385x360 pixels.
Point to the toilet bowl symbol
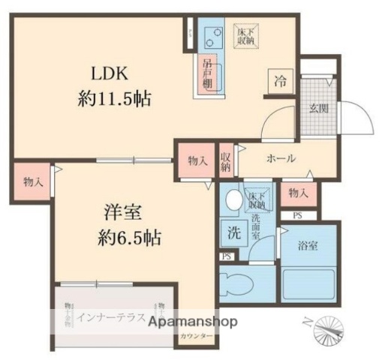click(x=239, y=286)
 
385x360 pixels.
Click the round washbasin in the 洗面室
click(x=233, y=200)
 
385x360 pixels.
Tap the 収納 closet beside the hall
click(x=226, y=162)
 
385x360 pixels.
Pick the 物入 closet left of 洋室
click(x=32, y=181)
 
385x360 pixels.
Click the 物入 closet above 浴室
click(x=299, y=193)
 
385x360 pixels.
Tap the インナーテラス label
click(x=111, y=316)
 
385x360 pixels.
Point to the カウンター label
click(x=197, y=338)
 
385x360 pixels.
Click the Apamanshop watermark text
click(x=193, y=322)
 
